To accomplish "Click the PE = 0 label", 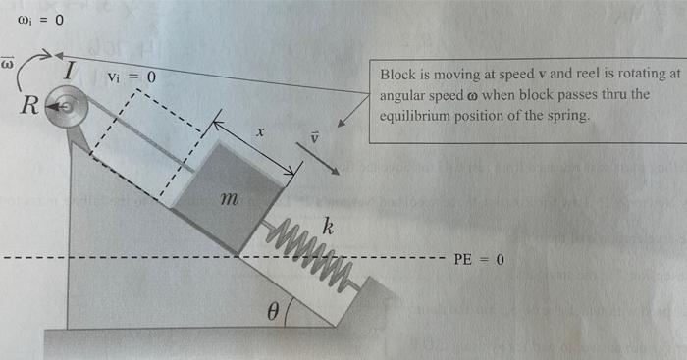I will tap(479, 260).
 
